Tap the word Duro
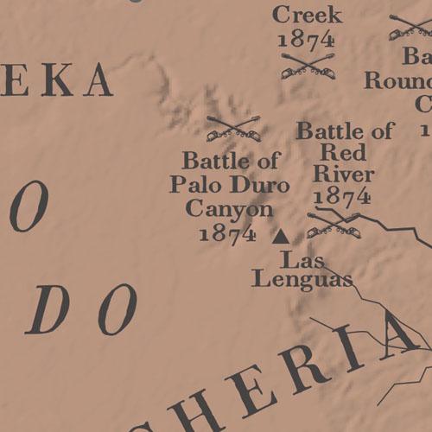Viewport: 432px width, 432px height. coord(251,184)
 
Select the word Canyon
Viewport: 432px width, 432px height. coord(229,208)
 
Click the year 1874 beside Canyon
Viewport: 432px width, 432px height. coord(227,232)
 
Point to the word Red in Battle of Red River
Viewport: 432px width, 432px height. coord(343,153)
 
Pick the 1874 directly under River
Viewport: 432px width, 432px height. coord(342,196)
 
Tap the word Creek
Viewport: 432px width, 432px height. coord(307,15)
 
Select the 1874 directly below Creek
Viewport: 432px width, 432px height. coord(307,39)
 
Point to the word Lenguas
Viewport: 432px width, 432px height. coord(302,278)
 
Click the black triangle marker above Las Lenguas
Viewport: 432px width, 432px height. coord(280,234)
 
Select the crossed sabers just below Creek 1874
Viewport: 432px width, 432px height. coord(308,65)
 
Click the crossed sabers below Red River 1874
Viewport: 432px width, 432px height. coord(334,224)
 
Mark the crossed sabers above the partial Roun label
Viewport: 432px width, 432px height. coord(410,27)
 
